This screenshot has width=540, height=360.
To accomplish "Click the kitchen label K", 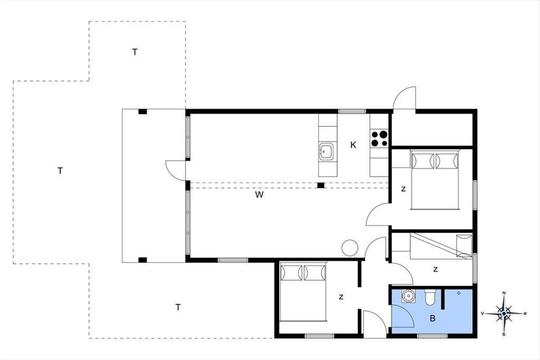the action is (x=353, y=145).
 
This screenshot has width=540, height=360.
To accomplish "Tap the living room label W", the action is (x=259, y=194).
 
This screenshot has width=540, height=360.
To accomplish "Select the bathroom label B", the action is (x=433, y=319).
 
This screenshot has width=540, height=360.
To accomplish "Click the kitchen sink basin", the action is (x=326, y=152).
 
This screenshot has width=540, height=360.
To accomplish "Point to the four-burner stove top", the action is (x=379, y=139).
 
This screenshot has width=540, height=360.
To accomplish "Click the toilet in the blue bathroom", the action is (x=430, y=297).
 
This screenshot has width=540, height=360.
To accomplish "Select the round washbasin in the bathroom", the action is (x=409, y=296).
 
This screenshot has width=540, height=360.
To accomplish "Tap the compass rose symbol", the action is (x=504, y=314).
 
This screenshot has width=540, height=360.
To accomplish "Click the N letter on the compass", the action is (x=504, y=293).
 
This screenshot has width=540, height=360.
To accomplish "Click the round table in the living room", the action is (x=350, y=248).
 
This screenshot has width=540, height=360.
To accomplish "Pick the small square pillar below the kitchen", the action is (x=320, y=185).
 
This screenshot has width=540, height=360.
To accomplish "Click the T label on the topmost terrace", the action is (x=135, y=52).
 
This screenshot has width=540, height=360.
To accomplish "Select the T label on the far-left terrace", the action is (x=60, y=171).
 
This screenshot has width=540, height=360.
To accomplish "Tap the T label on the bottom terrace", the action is (x=178, y=307).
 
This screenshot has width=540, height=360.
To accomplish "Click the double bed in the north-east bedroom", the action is (x=435, y=180).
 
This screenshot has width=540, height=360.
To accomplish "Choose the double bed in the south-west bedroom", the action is (x=303, y=292).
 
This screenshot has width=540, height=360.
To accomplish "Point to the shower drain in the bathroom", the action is (x=459, y=293).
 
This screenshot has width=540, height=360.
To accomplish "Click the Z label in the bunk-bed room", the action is (x=436, y=270).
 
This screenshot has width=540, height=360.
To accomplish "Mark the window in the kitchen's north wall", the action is (x=352, y=112).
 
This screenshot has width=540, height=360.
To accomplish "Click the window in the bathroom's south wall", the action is (x=432, y=336).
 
